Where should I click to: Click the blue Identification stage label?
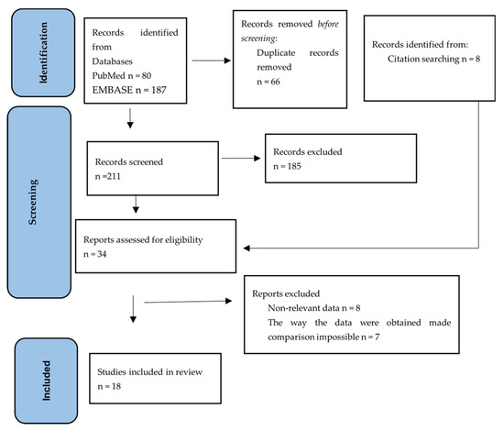[x=43, y=53]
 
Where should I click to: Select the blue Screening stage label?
[x=39, y=203]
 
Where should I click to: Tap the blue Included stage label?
[x=47, y=381]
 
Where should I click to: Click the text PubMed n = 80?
[x=122, y=75]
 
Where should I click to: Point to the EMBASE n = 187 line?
[x=129, y=90]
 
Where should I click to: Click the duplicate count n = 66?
[x=268, y=82]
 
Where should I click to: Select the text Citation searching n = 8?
[x=433, y=59]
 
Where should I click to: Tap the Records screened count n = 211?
[x=108, y=176]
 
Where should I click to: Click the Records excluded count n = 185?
[x=287, y=166]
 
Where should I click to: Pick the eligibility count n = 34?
[x=94, y=254]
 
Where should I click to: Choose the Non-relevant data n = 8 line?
[x=314, y=308]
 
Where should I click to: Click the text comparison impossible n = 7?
[x=323, y=337]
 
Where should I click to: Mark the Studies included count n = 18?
[x=109, y=386]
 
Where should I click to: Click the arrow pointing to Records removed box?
[x=211, y=61]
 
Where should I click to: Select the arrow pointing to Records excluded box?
[x=241, y=158]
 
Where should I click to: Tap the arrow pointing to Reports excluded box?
[x=188, y=302]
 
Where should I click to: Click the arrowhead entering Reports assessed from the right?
[x=247, y=248]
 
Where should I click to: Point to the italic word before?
[x=328, y=24]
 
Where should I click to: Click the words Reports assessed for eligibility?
[x=143, y=240]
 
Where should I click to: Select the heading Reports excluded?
[x=286, y=293]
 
